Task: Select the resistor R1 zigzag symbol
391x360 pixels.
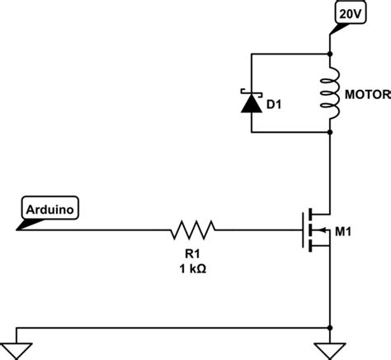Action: pos(192,226)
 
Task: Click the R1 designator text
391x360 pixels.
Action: pos(191,252)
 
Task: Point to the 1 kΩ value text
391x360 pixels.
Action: pos(191,268)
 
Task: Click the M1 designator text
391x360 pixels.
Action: pos(344,230)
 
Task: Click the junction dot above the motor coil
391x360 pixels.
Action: pos(331,54)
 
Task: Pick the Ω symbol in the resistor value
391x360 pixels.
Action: pos(204,268)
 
